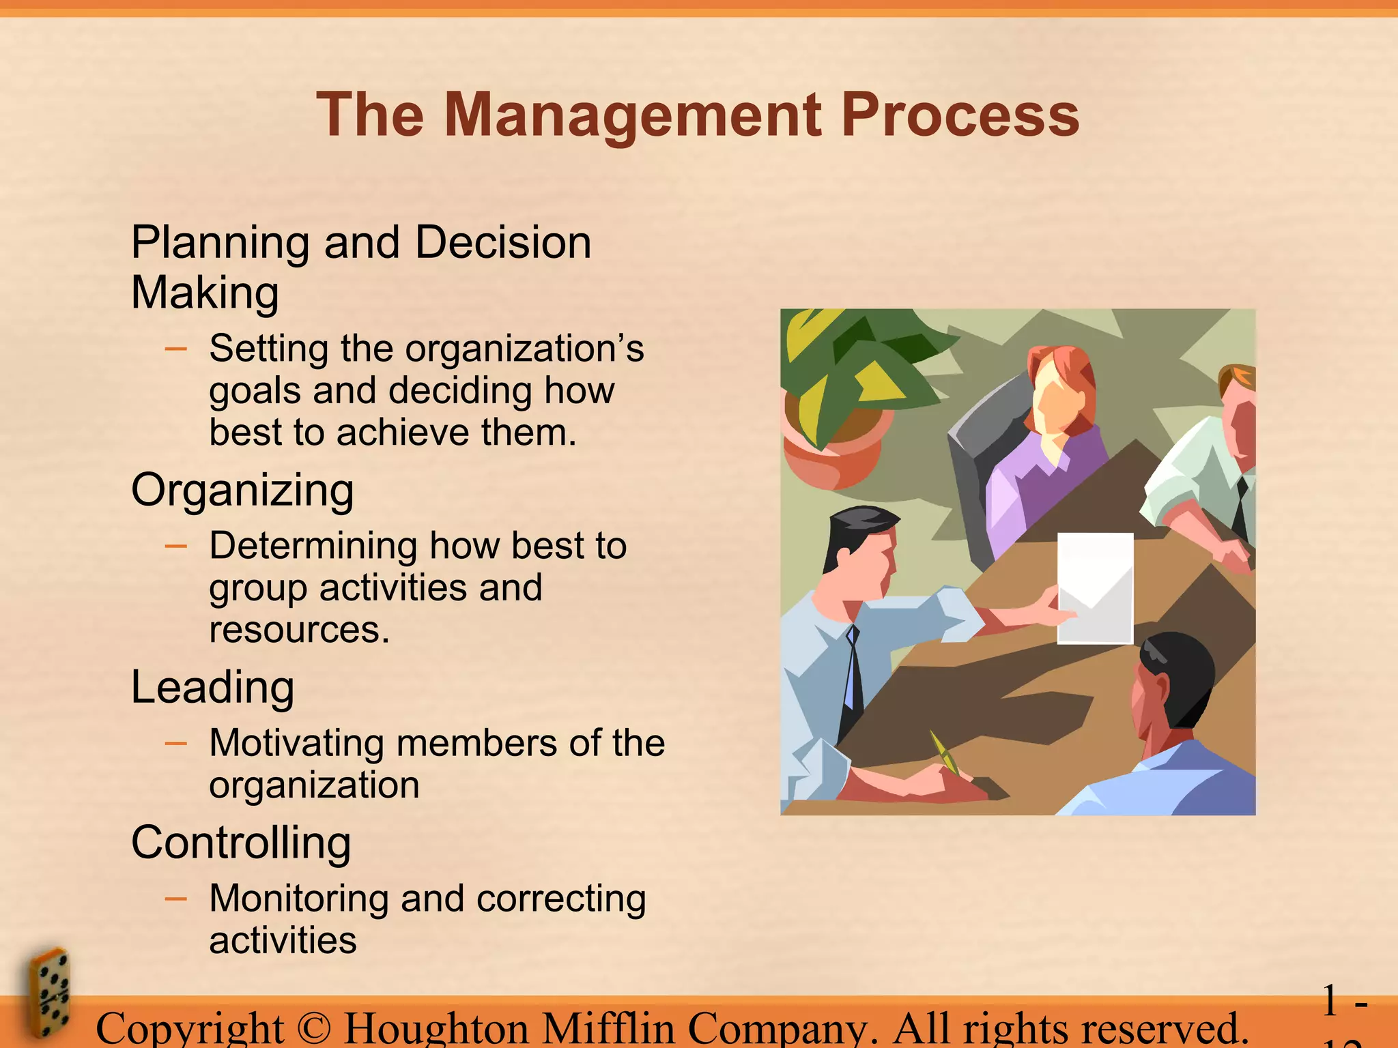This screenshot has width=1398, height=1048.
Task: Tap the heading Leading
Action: (212, 687)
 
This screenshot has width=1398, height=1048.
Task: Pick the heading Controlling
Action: (241, 843)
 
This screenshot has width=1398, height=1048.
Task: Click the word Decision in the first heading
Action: (502, 243)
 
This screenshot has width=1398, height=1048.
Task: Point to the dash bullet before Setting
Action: (176, 349)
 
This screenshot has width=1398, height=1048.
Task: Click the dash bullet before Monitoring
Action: (176, 899)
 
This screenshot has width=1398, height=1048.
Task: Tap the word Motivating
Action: (296, 743)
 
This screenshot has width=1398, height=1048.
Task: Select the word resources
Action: (299, 630)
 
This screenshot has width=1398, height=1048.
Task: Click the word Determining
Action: (313, 546)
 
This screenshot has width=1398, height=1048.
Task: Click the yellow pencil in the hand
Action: (944, 752)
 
